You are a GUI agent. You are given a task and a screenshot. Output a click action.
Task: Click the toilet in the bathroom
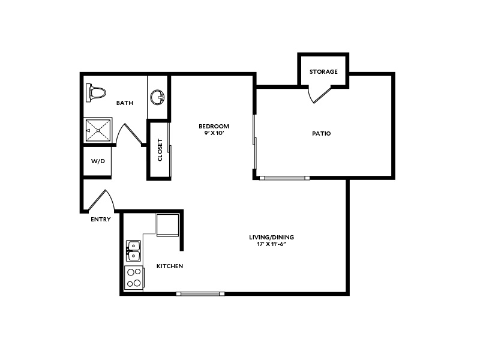tap(95, 92)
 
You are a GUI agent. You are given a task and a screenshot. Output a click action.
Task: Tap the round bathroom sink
tap(157, 97)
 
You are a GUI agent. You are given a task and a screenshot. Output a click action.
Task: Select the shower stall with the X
tap(98, 130)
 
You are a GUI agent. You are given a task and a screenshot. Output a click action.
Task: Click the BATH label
tap(125, 103)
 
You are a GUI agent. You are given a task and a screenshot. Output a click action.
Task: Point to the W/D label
tap(98, 161)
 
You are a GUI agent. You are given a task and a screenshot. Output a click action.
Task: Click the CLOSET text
tap(160, 150)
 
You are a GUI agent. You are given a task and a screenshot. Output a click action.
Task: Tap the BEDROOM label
tap(214, 126)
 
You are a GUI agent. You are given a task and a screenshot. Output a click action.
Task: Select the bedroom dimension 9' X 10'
tap(214, 133)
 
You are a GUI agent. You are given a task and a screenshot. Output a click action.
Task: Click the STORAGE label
tap(323, 71)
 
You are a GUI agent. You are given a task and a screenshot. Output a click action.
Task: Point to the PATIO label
tap(322, 133)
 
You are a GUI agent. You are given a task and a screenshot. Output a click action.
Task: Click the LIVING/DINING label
tap(271, 237)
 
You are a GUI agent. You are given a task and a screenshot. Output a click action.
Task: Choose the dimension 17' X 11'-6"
tap(271, 244)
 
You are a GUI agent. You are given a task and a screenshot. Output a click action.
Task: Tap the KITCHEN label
tap(170, 266)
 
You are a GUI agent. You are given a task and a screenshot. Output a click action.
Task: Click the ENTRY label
tap(101, 219)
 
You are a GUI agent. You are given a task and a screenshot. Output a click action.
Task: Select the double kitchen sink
tap(133, 251)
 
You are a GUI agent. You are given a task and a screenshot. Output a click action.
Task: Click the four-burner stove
tap(134, 277)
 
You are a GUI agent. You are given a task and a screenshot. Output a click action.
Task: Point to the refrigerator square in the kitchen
tap(167, 225)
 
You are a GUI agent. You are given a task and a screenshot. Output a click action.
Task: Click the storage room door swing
tap(319, 95)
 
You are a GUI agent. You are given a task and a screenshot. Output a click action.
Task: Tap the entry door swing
tap(100, 200)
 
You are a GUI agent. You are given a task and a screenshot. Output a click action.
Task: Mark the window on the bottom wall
tap(200, 294)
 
